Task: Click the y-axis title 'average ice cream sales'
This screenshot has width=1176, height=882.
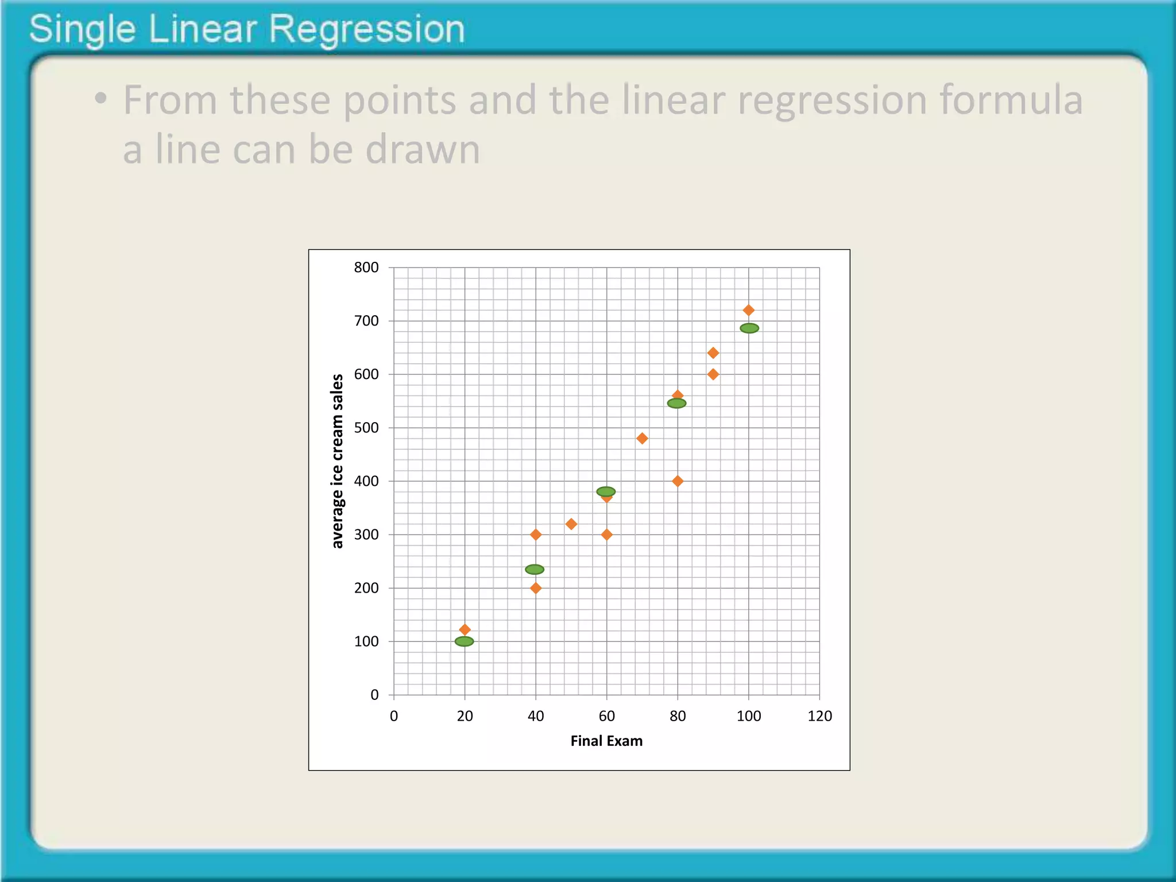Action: [x=338, y=461]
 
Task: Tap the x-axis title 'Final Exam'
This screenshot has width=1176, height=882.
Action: [x=606, y=741]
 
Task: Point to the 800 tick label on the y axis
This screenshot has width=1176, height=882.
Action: [x=366, y=268]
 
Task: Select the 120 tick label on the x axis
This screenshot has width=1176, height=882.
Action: [x=819, y=716]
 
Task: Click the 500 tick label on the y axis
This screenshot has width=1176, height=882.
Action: [x=366, y=428]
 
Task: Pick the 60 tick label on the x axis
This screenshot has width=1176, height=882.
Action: [x=606, y=716]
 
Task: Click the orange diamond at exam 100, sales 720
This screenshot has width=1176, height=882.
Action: [x=748, y=310]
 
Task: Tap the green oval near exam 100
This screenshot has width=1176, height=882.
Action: [x=749, y=328]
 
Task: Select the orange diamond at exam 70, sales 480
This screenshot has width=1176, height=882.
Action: [x=642, y=439]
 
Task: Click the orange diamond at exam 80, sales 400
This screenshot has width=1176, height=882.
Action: [x=678, y=481]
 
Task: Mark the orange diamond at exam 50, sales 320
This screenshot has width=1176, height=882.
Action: [x=571, y=524]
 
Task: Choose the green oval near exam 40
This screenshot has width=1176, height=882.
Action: [x=535, y=570]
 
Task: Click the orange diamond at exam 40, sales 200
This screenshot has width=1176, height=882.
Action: [x=536, y=588]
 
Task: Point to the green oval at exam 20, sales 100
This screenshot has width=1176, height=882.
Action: [x=465, y=641]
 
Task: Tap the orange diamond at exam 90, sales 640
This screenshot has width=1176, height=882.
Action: [x=713, y=353]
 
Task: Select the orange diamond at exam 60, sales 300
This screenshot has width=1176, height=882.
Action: [x=606, y=535]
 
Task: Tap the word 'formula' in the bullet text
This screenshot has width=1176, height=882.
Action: [x=1011, y=100]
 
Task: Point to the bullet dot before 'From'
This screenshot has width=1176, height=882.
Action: [x=101, y=99]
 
